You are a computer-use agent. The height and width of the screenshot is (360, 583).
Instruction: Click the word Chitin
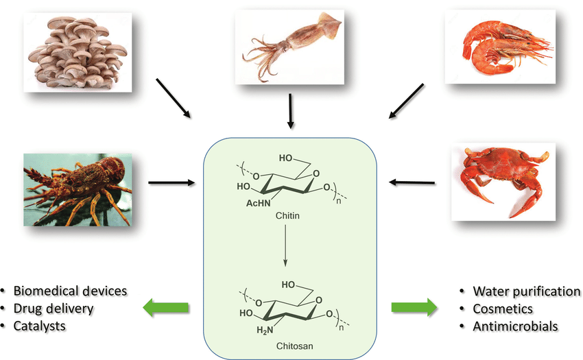287,215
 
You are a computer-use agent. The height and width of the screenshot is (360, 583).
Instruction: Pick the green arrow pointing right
414,308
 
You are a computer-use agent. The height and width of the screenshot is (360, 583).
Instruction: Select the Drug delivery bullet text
53,309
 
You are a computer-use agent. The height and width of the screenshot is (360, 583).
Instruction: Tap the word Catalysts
40,326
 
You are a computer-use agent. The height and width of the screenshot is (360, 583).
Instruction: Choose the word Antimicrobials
515,326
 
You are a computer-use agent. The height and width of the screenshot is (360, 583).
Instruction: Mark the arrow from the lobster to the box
171,183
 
